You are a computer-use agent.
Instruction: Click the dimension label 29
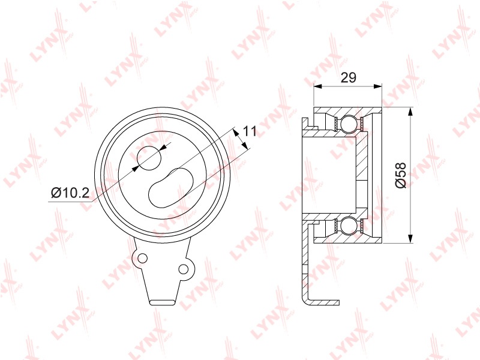pyautogui.click(x=349, y=78)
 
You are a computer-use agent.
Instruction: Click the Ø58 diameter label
pyautogui.click(x=401, y=175)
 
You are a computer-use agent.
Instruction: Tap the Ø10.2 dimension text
pyautogui.click(x=70, y=193)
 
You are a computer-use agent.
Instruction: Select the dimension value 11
pyautogui.click(x=250, y=131)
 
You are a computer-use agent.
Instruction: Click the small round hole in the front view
pyautogui.click(x=148, y=158)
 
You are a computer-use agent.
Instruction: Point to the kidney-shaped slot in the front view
pyautogui.click(x=171, y=187)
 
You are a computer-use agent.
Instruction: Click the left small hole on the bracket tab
pyautogui.click(x=142, y=258)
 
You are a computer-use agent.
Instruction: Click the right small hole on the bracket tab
pyautogui.click(x=183, y=269)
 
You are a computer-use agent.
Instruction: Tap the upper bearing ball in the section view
pyautogui.click(x=349, y=125)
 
